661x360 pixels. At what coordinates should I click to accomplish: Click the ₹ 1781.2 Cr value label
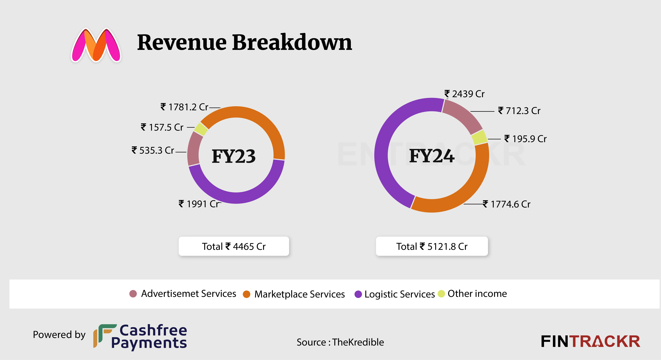pyautogui.click(x=184, y=107)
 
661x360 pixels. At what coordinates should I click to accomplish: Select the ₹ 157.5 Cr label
pyautogui.click(x=162, y=127)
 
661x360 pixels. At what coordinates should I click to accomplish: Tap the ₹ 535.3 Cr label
pyautogui.click(x=153, y=150)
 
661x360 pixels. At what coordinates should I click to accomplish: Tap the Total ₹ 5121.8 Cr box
pyautogui.click(x=432, y=246)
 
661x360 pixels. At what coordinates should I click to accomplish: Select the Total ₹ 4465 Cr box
pyautogui.click(x=234, y=246)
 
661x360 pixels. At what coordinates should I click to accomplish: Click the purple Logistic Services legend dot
pyautogui.click(x=358, y=294)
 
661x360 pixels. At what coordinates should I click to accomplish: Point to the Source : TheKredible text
pyautogui.click(x=340, y=342)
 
